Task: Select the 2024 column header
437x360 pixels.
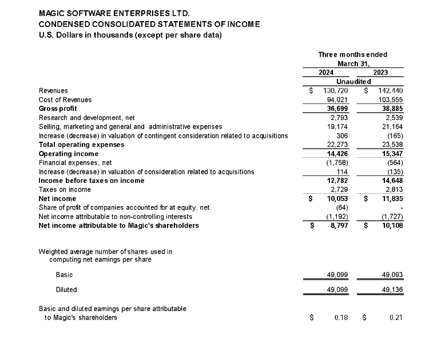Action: point(326,73)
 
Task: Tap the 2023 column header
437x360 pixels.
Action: point(380,73)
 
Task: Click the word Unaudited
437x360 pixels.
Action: point(353,82)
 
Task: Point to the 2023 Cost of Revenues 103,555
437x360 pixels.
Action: point(390,100)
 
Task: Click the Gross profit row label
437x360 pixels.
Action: point(58,109)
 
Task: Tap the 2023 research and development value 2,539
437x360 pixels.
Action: point(393,118)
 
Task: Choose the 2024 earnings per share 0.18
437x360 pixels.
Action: point(341,318)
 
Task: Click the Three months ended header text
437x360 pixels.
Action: point(352,55)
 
